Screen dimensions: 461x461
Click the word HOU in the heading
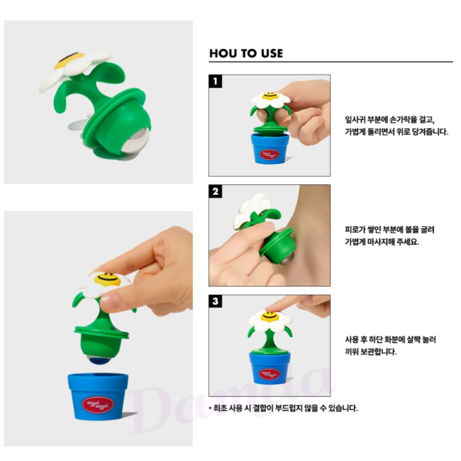coord(223,53)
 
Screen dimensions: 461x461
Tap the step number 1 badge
coord(215,81)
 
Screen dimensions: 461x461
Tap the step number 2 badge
coord(215,191)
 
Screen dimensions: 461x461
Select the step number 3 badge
coord(215,301)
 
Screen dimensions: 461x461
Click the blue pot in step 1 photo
coord(270,148)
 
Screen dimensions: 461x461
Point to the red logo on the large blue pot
coord(98,405)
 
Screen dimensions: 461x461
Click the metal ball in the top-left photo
coord(136,141)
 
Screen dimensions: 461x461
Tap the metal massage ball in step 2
coord(287,259)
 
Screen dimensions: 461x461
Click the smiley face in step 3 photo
coord(270,317)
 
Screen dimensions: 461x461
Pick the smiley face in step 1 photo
coord(270,96)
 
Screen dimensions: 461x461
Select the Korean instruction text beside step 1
coord(396,125)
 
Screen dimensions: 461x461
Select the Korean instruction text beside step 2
coord(390,236)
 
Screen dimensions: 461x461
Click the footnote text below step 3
coord(284,408)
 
